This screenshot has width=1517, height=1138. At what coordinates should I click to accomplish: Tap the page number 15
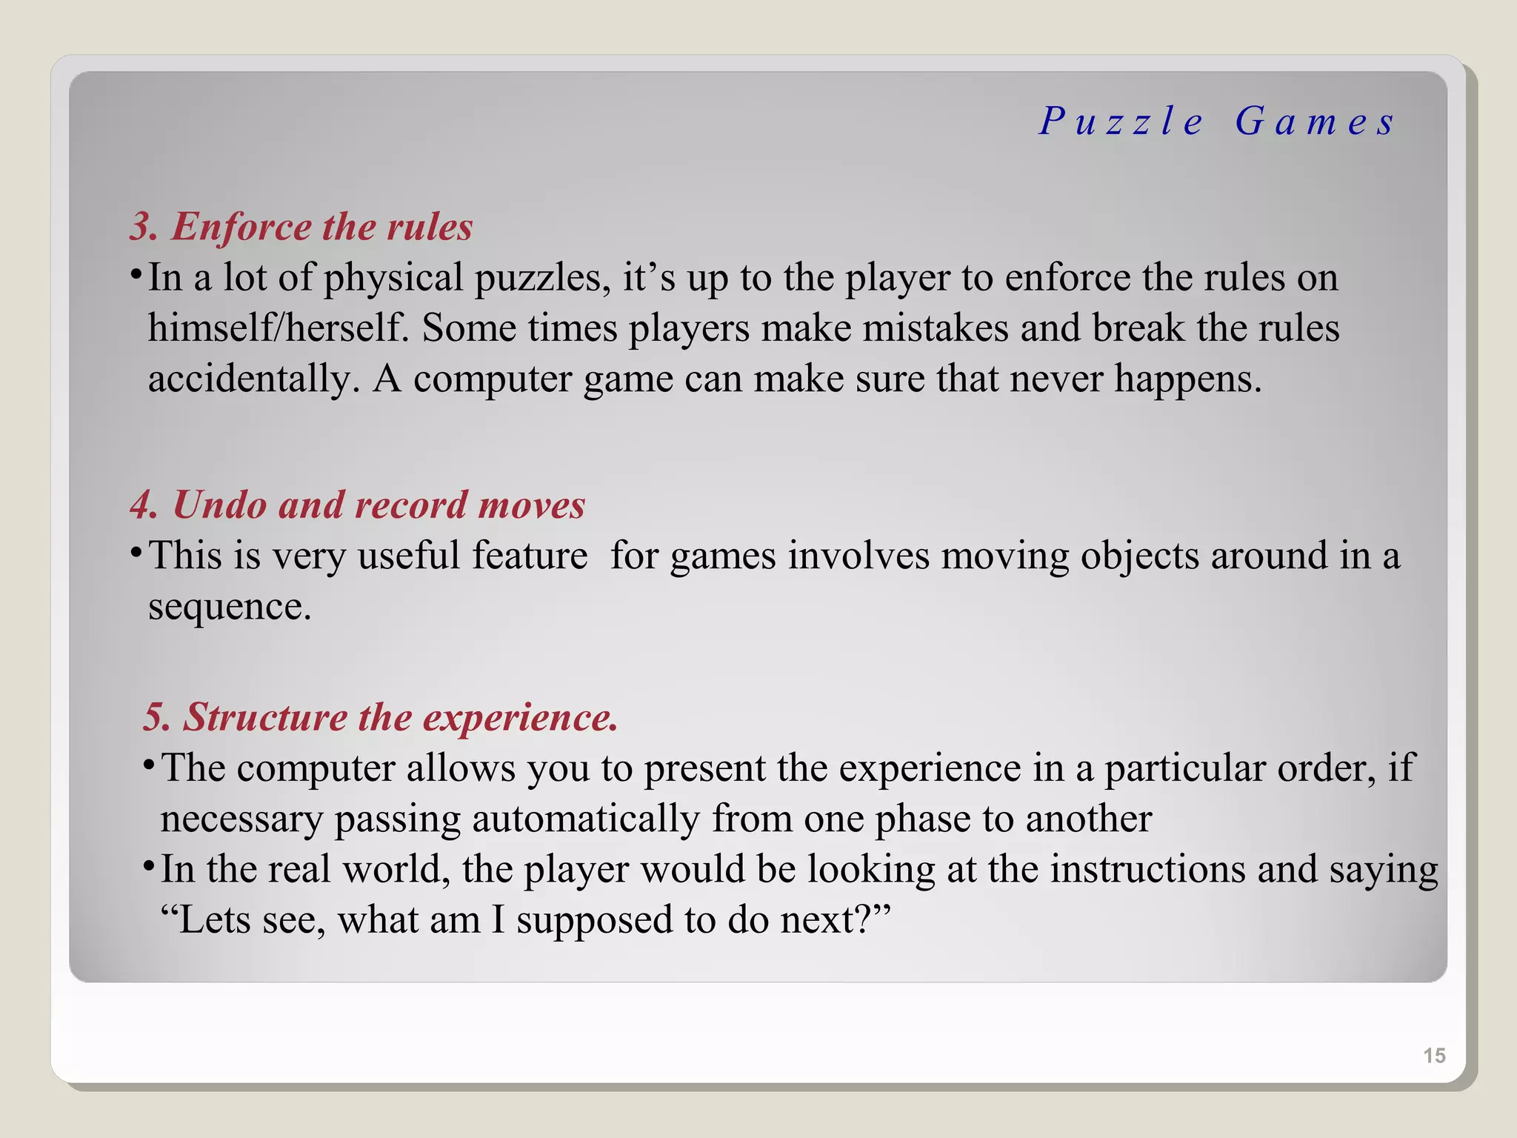click(1434, 1056)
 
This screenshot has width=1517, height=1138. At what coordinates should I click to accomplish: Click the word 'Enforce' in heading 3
click(241, 227)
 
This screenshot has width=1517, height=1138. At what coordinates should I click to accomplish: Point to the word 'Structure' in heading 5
click(265, 717)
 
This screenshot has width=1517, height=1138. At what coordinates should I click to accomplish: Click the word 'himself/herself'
click(278, 328)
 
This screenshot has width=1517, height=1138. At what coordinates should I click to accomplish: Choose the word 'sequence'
click(229, 607)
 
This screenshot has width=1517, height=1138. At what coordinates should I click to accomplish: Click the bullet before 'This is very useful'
click(136, 552)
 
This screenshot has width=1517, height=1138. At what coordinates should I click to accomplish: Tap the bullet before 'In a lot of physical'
click(136, 275)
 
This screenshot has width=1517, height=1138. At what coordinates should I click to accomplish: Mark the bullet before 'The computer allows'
click(148, 765)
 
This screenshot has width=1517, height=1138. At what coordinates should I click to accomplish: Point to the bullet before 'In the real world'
click(148, 866)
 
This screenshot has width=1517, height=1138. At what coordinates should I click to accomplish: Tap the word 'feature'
click(530, 556)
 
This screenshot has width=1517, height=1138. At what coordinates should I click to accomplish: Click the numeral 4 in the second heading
click(142, 505)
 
